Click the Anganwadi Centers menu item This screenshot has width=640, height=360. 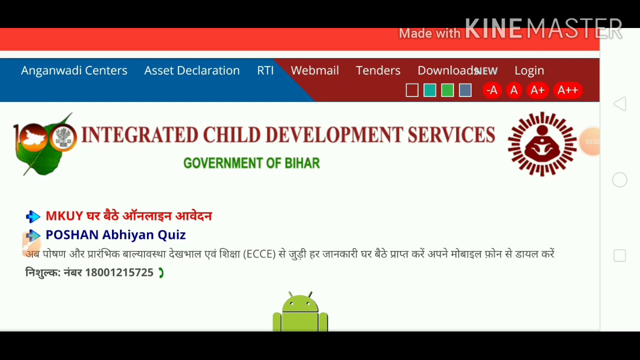coord(74,70)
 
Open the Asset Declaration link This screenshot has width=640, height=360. coord(192,70)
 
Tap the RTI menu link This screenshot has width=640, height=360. coord(265,70)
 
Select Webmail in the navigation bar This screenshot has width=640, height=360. coord(315,70)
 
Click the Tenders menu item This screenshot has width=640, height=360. coord(378,70)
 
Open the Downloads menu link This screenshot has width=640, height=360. coord(446,70)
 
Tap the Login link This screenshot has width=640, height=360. coord(529,70)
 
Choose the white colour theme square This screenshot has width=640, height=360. coord(412,90)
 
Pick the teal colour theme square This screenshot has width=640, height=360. coord(429,90)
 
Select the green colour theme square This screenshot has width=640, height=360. coord(447,90)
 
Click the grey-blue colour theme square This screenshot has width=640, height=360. coord(465,90)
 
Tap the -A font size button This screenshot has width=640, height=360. coord(492,90)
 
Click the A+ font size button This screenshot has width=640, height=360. coord(537,90)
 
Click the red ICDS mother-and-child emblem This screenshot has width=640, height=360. coord(542,144)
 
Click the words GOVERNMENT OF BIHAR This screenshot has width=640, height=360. coord(251,163)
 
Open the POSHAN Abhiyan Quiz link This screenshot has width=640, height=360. coord(115,235)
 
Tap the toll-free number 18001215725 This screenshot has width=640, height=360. coord(119,272)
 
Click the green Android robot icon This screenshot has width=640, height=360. coord(300,312)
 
